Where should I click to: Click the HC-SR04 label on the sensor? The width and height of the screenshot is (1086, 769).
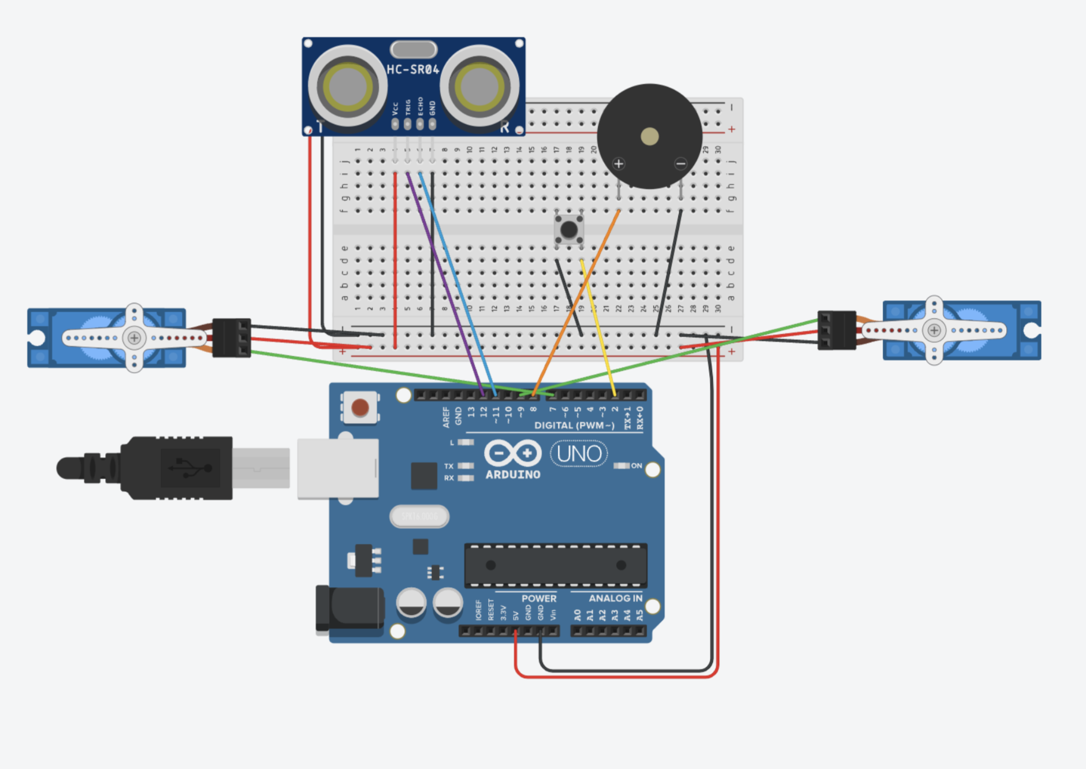pyautogui.click(x=412, y=70)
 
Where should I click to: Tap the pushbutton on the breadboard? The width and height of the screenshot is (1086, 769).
pyautogui.click(x=569, y=230)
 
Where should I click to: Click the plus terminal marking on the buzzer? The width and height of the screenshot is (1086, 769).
pyautogui.click(x=619, y=164)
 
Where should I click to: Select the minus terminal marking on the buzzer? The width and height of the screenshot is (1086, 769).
pyautogui.click(x=680, y=164)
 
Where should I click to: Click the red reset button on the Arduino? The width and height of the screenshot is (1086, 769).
pyautogui.click(x=360, y=408)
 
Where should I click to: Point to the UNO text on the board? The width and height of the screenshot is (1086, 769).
pyautogui.click(x=579, y=454)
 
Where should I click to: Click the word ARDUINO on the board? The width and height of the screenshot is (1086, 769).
pyautogui.click(x=513, y=475)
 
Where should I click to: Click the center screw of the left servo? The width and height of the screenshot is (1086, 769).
pyautogui.click(x=134, y=338)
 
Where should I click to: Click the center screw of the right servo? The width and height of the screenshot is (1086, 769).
pyautogui.click(x=934, y=330)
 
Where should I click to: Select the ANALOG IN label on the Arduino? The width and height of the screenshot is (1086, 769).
pyautogui.click(x=615, y=599)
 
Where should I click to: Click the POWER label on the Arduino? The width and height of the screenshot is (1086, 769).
pyautogui.click(x=538, y=599)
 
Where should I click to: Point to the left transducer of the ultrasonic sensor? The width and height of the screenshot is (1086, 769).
pyautogui.click(x=347, y=87)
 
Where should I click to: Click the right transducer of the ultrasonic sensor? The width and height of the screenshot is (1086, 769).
pyautogui.click(x=479, y=87)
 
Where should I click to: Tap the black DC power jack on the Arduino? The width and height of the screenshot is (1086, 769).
pyautogui.click(x=350, y=609)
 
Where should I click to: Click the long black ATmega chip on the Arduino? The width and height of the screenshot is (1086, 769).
pyautogui.click(x=556, y=565)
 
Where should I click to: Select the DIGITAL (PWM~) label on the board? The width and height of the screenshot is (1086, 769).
pyautogui.click(x=574, y=425)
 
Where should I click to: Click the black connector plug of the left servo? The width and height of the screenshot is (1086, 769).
pyautogui.click(x=232, y=338)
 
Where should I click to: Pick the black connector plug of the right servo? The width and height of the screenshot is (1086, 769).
pyautogui.click(x=836, y=330)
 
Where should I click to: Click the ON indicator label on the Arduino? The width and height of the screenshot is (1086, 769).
pyautogui.click(x=636, y=466)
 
